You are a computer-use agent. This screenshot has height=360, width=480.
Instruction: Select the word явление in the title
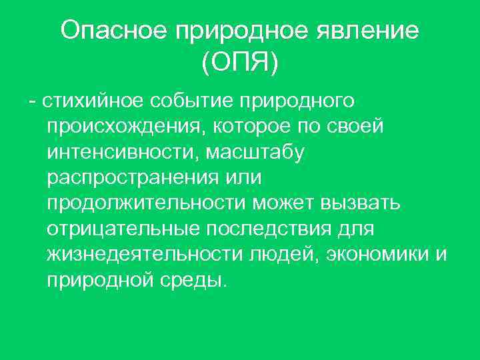373,31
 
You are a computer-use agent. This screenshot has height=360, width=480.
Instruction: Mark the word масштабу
256,153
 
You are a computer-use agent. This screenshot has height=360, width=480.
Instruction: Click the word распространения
131,178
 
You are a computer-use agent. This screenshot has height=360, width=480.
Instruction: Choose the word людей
278,255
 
